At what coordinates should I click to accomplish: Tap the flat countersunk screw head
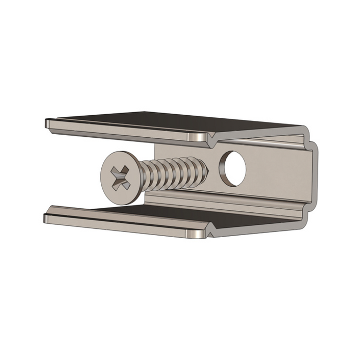click(x=114, y=170)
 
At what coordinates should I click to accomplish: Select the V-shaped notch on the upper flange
click(x=211, y=139)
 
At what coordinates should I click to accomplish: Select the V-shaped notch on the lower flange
click(x=210, y=233)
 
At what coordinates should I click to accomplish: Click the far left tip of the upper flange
click(x=48, y=123)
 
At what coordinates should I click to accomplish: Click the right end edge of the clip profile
click(x=315, y=175)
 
